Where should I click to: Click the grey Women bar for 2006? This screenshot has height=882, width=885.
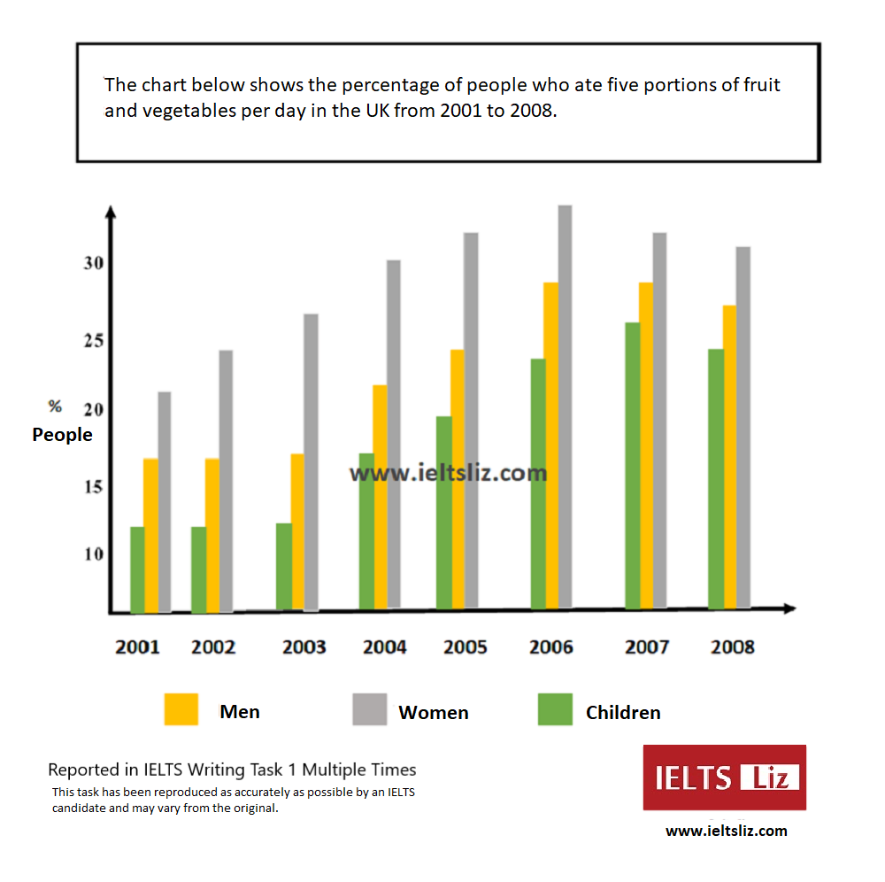565,407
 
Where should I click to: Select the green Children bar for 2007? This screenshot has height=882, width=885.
632,466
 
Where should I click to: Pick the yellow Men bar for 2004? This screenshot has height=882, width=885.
380,497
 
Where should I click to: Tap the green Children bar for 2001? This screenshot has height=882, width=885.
137,569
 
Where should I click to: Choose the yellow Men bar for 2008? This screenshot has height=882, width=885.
729,457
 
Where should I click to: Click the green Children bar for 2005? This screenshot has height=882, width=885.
444,513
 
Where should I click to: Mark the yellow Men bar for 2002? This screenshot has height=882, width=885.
212,535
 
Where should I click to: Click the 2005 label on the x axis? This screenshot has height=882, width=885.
466,647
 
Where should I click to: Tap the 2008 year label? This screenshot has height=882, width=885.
733,647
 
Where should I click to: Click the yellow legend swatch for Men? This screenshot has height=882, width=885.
181,709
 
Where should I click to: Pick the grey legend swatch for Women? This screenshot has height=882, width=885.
369,709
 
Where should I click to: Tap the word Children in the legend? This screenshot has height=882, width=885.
623,713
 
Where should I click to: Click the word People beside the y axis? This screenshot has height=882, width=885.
62,435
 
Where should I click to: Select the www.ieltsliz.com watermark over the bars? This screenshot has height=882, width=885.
448,473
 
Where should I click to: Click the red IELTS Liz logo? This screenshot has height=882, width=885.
724,778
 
